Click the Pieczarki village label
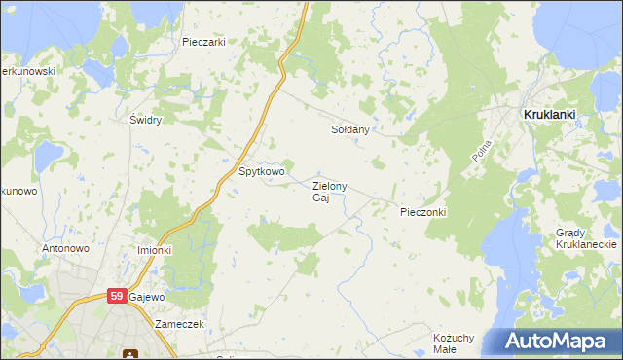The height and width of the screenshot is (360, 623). [x=203, y=42]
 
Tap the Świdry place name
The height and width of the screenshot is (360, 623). [x=145, y=120]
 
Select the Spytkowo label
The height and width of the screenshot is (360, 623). [x=262, y=172]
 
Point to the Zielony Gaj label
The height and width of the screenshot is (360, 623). [x=329, y=192]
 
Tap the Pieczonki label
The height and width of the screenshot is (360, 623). [x=422, y=211]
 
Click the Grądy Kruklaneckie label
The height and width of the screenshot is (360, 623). [x=583, y=239]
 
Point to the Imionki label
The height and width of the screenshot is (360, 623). [x=154, y=250]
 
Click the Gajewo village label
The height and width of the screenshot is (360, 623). [x=147, y=296]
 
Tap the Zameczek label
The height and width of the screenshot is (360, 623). [x=178, y=324]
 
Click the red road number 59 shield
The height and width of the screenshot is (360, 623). [x=117, y=296]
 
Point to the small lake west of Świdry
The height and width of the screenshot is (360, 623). [x=48, y=156]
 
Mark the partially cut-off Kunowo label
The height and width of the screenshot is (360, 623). [x=18, y=191]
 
